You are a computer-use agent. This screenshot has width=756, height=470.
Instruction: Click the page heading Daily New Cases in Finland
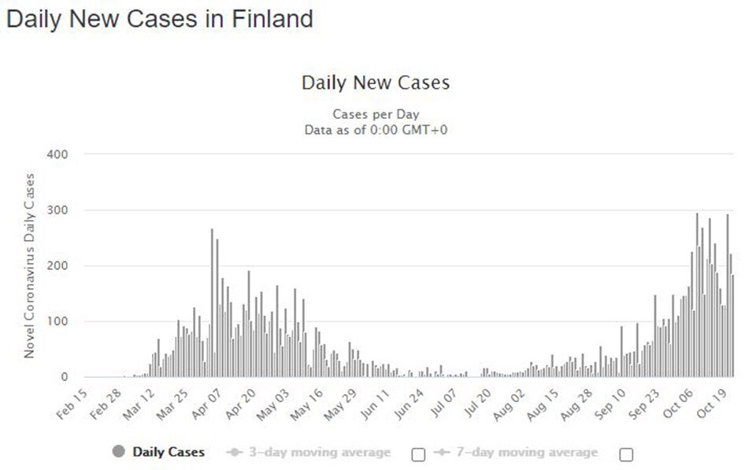point(159,19)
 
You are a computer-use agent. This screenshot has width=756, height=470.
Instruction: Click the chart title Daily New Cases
point(376,83)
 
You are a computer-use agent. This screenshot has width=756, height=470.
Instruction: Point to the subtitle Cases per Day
point(376,114)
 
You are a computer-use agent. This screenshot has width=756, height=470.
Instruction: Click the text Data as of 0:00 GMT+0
point(376,130)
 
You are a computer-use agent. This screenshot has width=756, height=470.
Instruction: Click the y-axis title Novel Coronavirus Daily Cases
point(29,265)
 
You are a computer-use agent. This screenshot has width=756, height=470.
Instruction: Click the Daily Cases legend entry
point(169,452)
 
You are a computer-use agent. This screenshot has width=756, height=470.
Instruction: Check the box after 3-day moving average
point(418,454)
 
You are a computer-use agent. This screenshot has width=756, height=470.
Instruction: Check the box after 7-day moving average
point(626,454)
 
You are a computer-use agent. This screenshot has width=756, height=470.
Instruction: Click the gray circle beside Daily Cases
point(119,452)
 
